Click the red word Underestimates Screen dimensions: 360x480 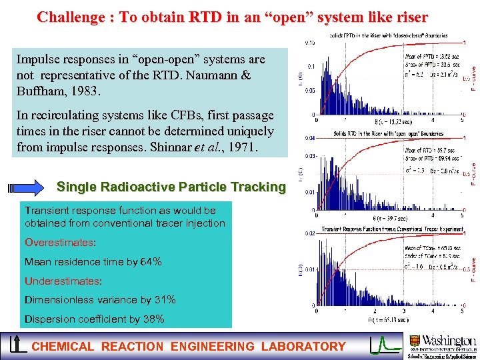tap(63, 281)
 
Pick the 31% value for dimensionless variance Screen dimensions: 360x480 tap(163, 300)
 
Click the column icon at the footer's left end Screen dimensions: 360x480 tap(15, 345)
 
